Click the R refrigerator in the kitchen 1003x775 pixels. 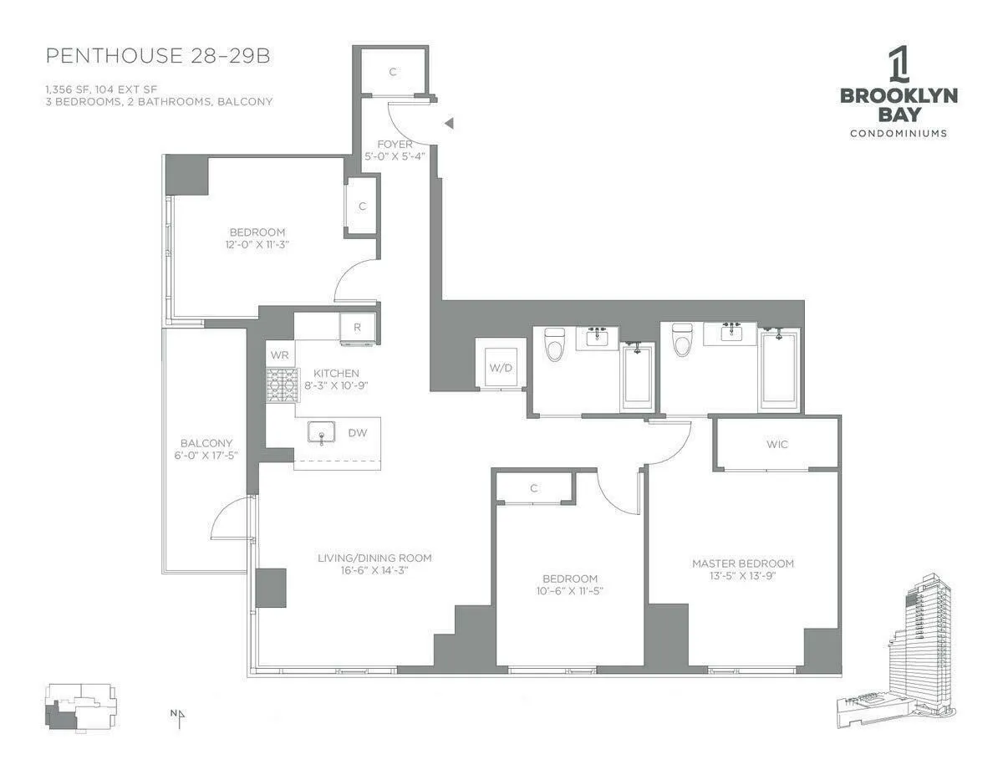(358, 328)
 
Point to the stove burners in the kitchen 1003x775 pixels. (282, 385)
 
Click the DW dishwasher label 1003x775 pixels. (357, 433)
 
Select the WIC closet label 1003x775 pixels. (776, 444)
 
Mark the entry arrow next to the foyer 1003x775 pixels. (449, 124)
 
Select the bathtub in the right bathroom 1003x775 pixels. (778, 370)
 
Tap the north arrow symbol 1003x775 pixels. (178, 715)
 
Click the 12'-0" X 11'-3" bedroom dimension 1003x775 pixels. (258, 245)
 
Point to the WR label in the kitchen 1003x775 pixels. (279, 354)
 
